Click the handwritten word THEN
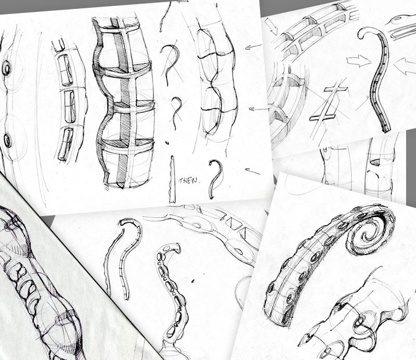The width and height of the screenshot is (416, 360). point(188,181)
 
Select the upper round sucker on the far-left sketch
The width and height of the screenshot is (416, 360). point(6,69)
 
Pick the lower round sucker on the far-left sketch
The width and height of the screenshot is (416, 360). point(7,140)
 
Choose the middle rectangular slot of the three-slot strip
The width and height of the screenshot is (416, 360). point(70,107)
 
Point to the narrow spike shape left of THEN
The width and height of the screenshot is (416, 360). point(173,179)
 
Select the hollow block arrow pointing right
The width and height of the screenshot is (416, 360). point(359,61)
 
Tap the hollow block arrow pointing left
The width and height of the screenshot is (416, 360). point(405,67)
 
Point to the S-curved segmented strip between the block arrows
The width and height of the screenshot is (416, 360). point(377,79)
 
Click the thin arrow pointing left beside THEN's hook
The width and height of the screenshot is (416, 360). point(253,172)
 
